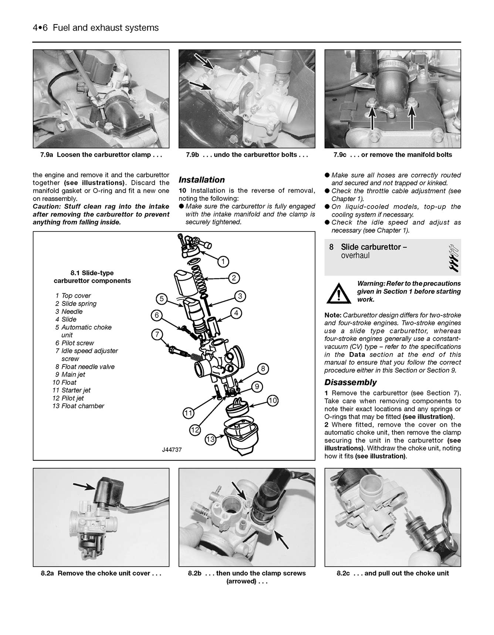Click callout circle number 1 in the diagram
click(x=223, y=261)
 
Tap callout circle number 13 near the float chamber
click(x=210, y=439)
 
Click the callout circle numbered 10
click(x=273, y=401)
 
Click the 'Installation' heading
click(x=202, y=180)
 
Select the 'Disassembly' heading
click(x=350, y=382)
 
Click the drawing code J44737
click(x=172, y=450)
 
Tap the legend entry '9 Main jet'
click(x=70, y=374)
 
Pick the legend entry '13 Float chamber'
click(x=78, y=406)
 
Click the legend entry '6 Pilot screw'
click(x=75, y=343)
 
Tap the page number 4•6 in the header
click(x=40, y=28)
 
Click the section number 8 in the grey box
click(x=331, y=247)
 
